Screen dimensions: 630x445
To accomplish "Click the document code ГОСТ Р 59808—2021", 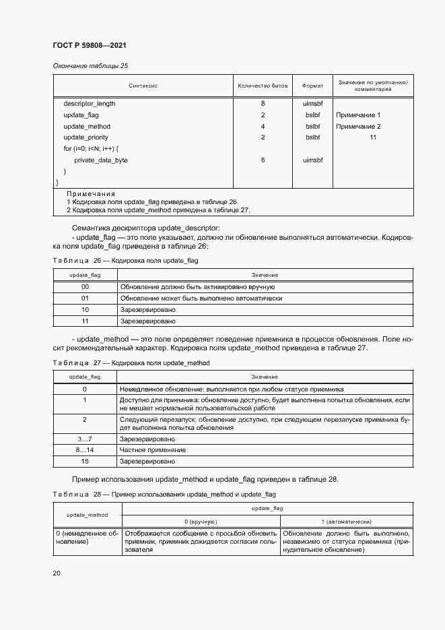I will click(89, 45).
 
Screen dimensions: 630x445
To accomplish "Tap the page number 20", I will click(57, 573).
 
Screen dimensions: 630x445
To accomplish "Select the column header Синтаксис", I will click(143, 86).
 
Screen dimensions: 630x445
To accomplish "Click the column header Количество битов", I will click(263, 86).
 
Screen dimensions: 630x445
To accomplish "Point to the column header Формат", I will click(312, 86).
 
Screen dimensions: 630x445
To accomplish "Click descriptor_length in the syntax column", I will click(90, 104).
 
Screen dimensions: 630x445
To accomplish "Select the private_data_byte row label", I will click(101, 160).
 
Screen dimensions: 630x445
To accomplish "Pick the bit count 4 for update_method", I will click(263, 127).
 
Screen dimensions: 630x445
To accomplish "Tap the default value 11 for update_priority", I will click(372, 137).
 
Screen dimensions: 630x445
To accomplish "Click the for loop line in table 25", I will click(92, 148).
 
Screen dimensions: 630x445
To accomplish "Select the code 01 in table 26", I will click(85, 298).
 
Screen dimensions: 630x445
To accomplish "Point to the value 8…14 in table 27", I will click(85, 449).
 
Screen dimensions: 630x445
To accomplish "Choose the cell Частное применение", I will click(143, 449).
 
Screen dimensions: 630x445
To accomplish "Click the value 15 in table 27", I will click(85, 462).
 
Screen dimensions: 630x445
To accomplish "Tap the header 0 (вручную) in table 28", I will click(200, 522).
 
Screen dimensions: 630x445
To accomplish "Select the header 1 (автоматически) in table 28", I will click(346, 522).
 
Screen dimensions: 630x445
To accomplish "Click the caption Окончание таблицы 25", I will click(90, 65).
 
